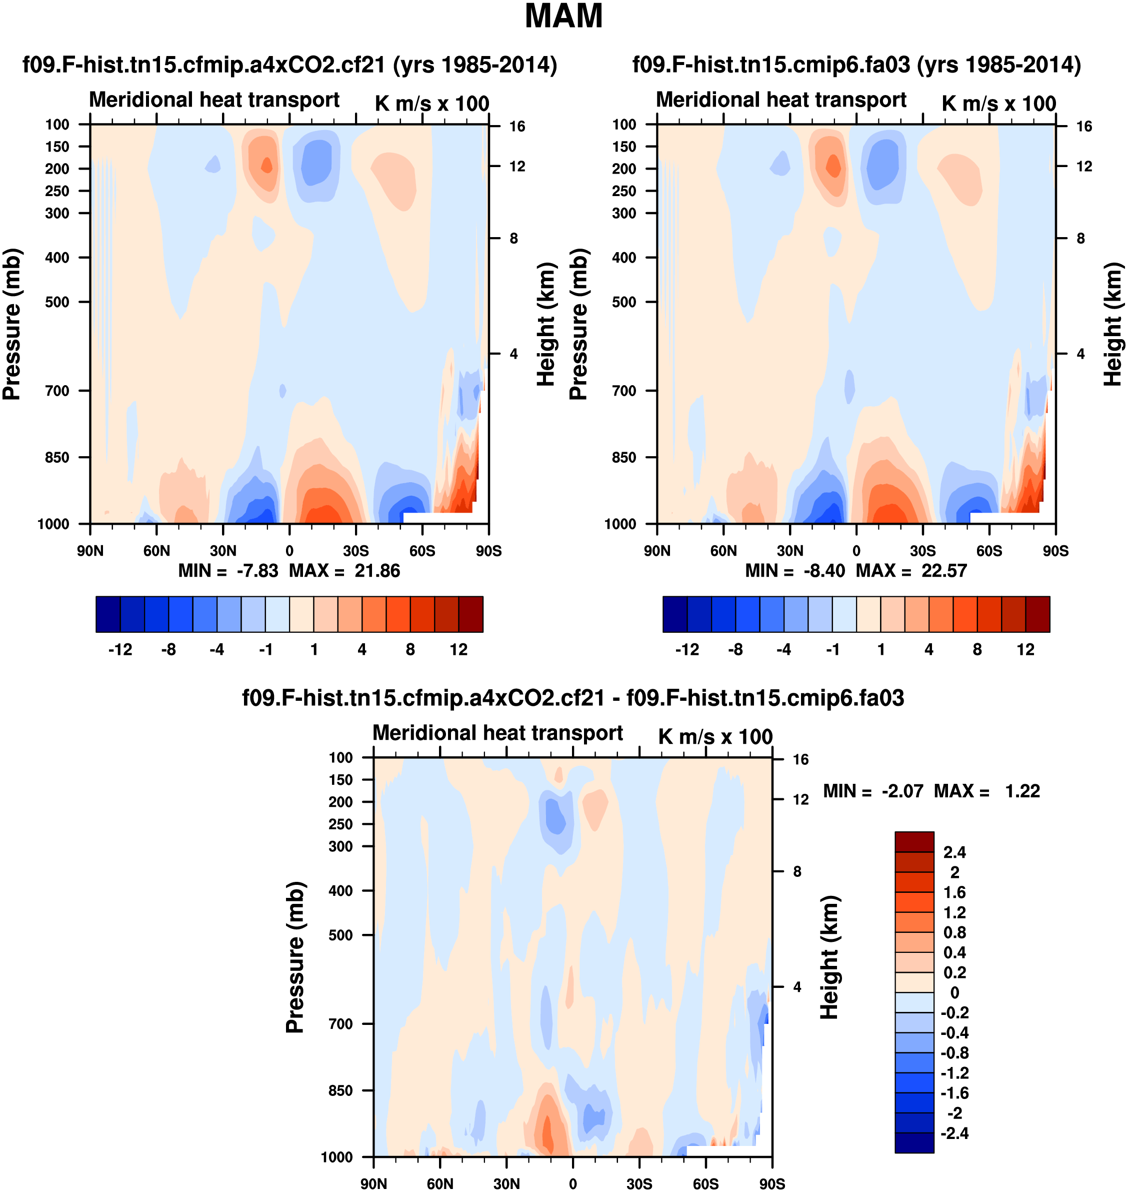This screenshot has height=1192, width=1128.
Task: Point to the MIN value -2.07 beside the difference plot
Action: tap(902, 791)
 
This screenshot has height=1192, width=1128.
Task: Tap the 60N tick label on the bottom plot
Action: tap(440, 1183)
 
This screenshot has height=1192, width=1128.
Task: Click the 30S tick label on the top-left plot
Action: tap(356, 551)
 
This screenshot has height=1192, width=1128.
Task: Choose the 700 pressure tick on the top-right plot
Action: tap(624, 391)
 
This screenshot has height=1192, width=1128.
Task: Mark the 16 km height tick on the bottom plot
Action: tap(800, 760)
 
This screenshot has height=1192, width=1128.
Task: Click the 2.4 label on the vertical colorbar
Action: tap(954, 852)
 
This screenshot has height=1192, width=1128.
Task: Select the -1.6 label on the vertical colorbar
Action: tap(954, 1093)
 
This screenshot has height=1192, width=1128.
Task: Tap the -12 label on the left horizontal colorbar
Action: tap(120, 650)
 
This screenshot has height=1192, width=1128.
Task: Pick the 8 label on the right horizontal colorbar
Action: tap(977, 650)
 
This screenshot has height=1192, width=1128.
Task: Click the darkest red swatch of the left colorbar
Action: tap(471, 614)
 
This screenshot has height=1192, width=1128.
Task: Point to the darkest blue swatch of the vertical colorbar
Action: tap(914, 1142)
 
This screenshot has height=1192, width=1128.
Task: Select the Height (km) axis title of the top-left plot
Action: tap(545, 325)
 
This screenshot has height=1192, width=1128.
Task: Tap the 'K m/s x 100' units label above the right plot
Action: tap(998, 104)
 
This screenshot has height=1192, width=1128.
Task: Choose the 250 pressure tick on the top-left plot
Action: tap(57, 191)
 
